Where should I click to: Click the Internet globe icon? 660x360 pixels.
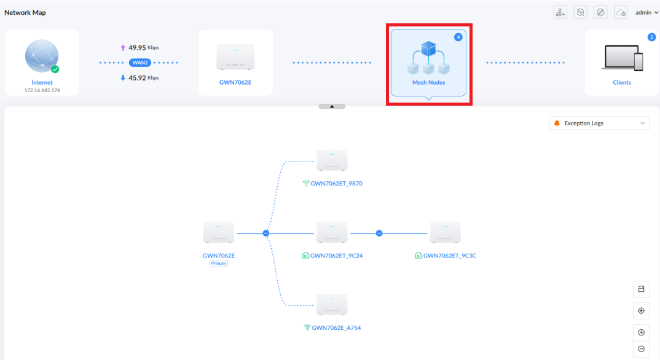coord(42,56)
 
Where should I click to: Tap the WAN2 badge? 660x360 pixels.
coord(139,63)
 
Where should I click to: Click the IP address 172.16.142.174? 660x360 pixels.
coord(42,90)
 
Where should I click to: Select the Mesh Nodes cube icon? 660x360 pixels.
coord(428,58)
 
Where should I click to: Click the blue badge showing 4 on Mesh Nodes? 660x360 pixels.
coord(458,37)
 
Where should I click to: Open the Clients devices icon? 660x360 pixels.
coord(622,58)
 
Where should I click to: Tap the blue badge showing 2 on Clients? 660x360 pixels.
coord(651,37)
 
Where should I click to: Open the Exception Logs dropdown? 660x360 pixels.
coord(599,123)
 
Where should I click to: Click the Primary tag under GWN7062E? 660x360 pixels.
coord(219,264)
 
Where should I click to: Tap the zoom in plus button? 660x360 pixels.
coord(641,332)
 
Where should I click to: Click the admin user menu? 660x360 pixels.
coord(646,13)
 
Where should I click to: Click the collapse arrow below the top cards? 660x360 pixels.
coord(332,106)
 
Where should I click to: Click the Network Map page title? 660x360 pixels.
coord(25,13)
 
